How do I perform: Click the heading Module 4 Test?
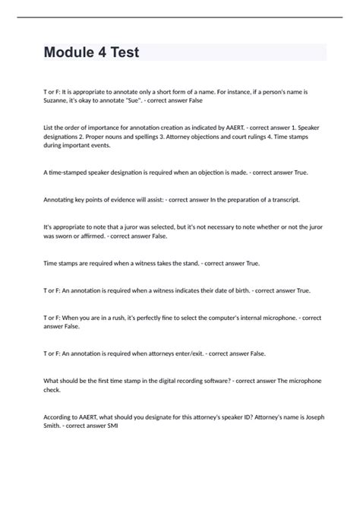pos(92,53)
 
